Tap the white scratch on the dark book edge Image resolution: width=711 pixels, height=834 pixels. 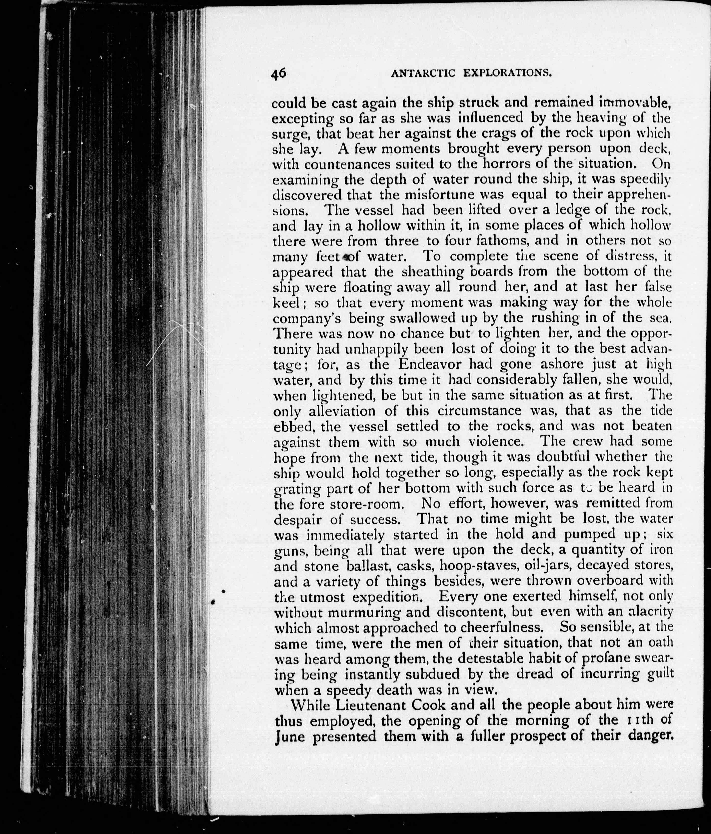coord(169,342)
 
